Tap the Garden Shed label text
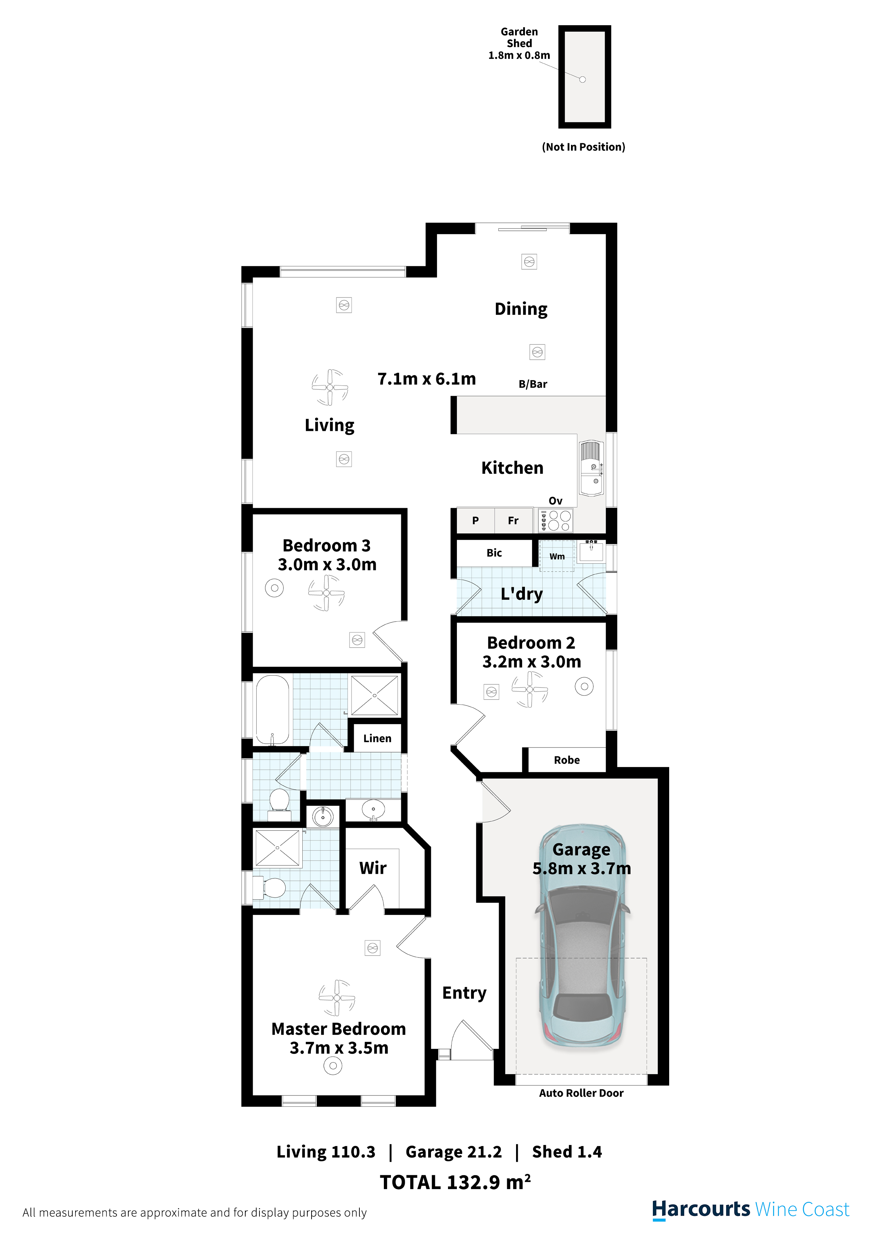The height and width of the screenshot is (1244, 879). pos(519,37)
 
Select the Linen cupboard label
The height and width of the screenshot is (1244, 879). pos(377,738)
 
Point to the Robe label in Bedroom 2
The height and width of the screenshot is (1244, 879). pos(566,760)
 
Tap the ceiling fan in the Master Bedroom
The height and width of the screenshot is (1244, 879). pos(337,998)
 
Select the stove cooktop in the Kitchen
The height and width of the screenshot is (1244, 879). pos(555,520)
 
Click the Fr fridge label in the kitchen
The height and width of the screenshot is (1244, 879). pos(513,521)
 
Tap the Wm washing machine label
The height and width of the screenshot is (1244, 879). pos(557,556)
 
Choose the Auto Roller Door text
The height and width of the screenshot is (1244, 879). pos(581,1093)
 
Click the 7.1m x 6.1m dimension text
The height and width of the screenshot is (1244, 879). pos(426,379)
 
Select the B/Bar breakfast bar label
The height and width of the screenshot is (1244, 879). pos(533,384)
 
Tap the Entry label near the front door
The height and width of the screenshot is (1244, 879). pos(464,993)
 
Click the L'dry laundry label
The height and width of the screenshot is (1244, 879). pos(521,594)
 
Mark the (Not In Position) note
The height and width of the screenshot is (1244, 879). pos(583,147)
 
